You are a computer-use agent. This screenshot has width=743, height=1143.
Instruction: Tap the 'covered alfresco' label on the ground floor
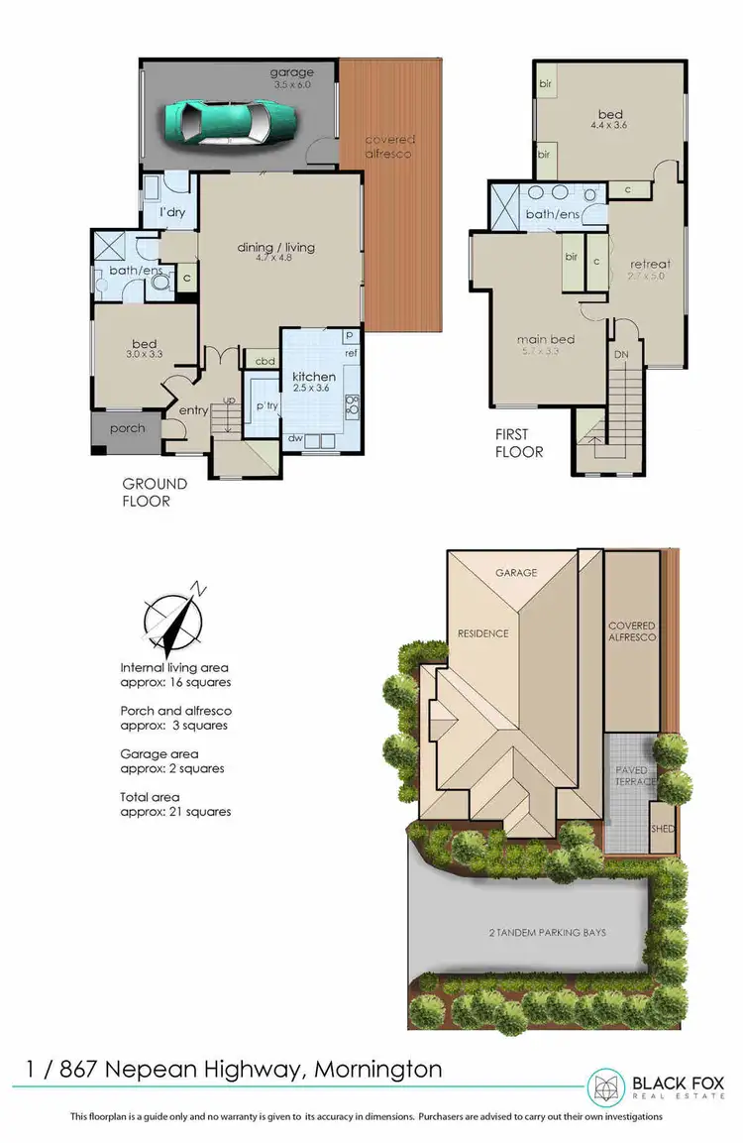click(389, 147)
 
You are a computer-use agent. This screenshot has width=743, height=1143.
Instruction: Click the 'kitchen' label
click(313, 377)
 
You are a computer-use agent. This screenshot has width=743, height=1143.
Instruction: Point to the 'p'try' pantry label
click(265, 406)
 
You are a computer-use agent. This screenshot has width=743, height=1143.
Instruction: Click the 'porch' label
click(128, 428)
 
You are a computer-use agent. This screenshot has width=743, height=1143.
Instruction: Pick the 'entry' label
click(192, 409)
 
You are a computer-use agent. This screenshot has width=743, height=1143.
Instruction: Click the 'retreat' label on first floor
click(651, 264)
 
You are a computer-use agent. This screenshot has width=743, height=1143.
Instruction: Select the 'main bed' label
click(546, 340)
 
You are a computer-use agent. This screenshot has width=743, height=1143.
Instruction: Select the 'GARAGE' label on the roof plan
click(517, 573)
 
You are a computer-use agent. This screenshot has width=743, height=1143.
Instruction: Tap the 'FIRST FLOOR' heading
click(519, 443)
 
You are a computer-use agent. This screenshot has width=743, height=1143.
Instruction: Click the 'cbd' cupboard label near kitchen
click(265, 361)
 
